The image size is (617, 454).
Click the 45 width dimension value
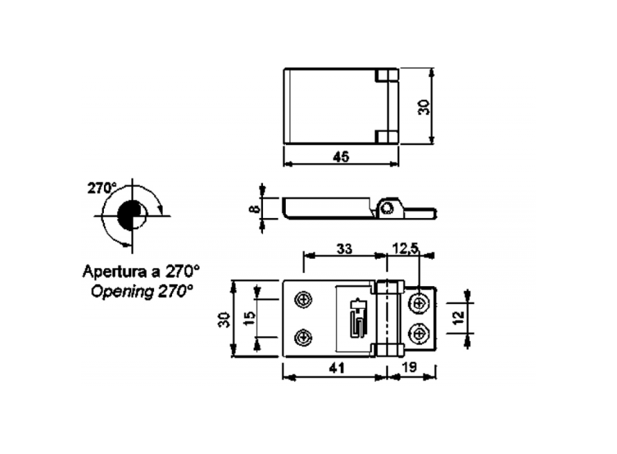341,156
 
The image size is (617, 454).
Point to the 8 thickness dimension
254,209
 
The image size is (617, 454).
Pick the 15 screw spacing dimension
249,318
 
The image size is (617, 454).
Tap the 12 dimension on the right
459,318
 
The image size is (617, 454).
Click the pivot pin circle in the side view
388,208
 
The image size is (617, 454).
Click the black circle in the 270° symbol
130,214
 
